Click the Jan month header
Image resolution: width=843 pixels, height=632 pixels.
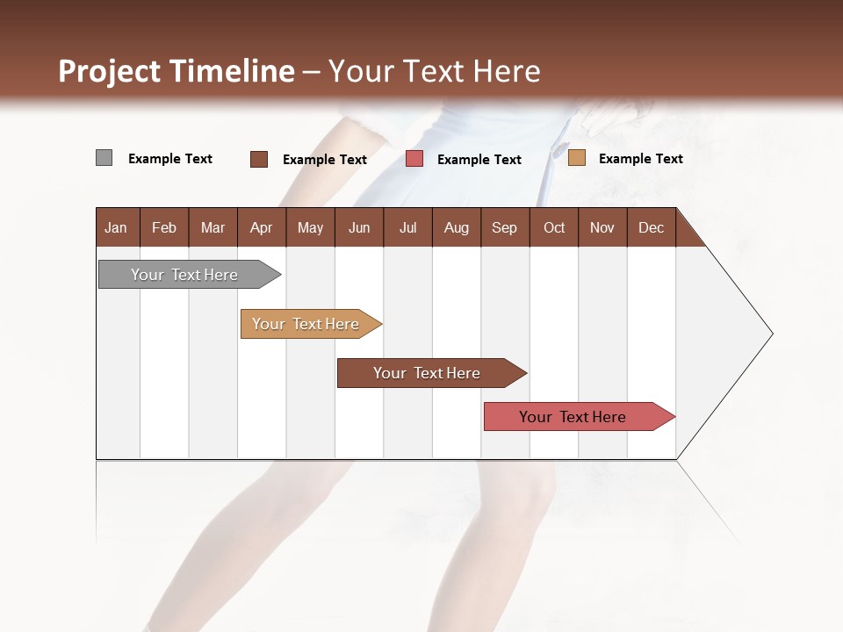tap(117, 227)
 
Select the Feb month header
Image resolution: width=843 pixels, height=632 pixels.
tap(164, 227)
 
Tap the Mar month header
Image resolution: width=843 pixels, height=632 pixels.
tap(213, 227)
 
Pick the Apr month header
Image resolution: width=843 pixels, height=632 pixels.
tap(262, 227)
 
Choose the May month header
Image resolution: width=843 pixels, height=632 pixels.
tap(310, 227)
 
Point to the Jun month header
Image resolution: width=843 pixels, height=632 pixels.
tap(359, 227)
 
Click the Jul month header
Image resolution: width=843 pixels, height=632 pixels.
tap(407, 227)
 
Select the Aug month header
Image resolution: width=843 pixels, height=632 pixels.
tap(457, 227)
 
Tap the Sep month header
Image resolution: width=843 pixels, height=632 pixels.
tap(505, 227)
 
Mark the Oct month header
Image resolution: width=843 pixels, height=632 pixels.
tap(554, 227)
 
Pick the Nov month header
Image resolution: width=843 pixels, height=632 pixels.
tap(602, 227)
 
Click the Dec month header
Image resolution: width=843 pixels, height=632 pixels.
tap(652, 227)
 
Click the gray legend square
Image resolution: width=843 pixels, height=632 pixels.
tap(104, 158)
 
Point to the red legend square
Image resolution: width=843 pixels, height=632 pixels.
tap(414, 159)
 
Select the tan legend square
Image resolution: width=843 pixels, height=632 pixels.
tap(576, 158)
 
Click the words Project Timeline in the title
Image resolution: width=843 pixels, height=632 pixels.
tap(177, 71)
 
